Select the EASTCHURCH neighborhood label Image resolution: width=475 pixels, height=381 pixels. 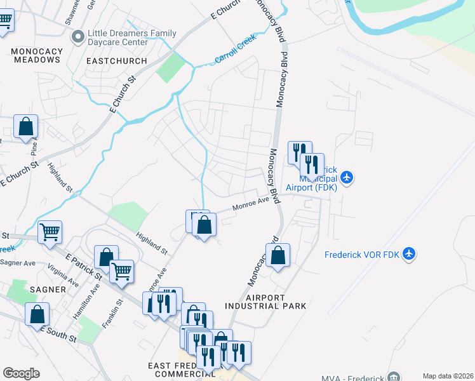pyautogui.click(x=114, y=61)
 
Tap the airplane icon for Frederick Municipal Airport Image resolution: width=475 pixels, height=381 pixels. pyautogui.click(x=347, y=177)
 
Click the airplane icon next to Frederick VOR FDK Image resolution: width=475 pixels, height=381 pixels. pyautogui.click(x=409, y=254)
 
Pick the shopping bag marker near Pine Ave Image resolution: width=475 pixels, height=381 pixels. pyautogui.click(x=26, y=126)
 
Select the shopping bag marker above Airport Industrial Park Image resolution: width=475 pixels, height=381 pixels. pyautogui.click(x=278, y=255)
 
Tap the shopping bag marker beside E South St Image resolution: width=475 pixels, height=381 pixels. pyautogui.click(x=37, y=314)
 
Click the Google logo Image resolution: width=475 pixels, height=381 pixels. pyautogui.click(x=21, y=373)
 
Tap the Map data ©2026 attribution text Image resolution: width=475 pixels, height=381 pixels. pyautogui.click(x=448, y=376)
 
